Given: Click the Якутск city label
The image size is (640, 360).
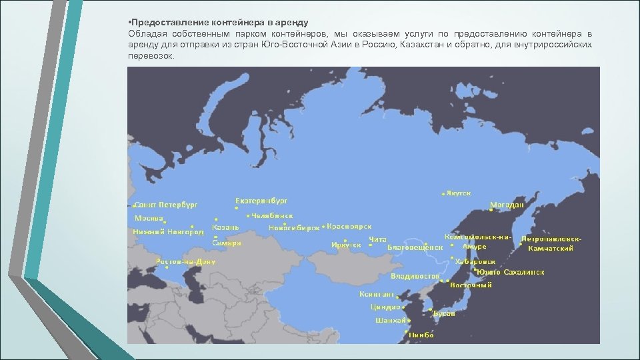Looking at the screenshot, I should pyautogui.click(x=459, y=193).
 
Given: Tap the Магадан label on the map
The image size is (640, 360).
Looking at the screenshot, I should pyautogui.click(x=507, y=205).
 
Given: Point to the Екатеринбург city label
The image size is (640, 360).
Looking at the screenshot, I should pyautogui.click(x=262, y=200).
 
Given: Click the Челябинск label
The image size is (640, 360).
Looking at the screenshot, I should pyautogui.click(x=272, y=216).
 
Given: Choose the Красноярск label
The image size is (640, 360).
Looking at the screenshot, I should pyautogui.click(x=349, y=227).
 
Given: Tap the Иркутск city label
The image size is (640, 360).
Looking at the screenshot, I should pyautogui.click(x=346, y=245).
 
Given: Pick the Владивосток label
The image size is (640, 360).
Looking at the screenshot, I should pyautogui.click(x=415, y=275).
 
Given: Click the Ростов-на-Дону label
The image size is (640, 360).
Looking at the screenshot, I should pyautogui.click(x=185, y=262).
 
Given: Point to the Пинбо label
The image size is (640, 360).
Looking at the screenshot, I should pyautogui.click(x=421, y=335).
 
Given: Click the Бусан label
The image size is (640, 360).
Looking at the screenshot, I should pyautogui.click(x=444, y=313).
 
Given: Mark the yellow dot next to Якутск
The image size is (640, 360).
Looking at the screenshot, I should pyautogui.click(x=443, y=194).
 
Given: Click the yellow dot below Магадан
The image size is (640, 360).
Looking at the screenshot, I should pyautogui.click(x=491, y=211).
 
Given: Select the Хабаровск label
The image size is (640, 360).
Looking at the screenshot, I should pyautogui.click(x=475, y=262).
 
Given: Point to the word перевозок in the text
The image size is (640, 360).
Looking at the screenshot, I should pyautogui.click(x=149, y=56).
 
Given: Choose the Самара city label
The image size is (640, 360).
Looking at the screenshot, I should pyautogui.click(x=227, y=244).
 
